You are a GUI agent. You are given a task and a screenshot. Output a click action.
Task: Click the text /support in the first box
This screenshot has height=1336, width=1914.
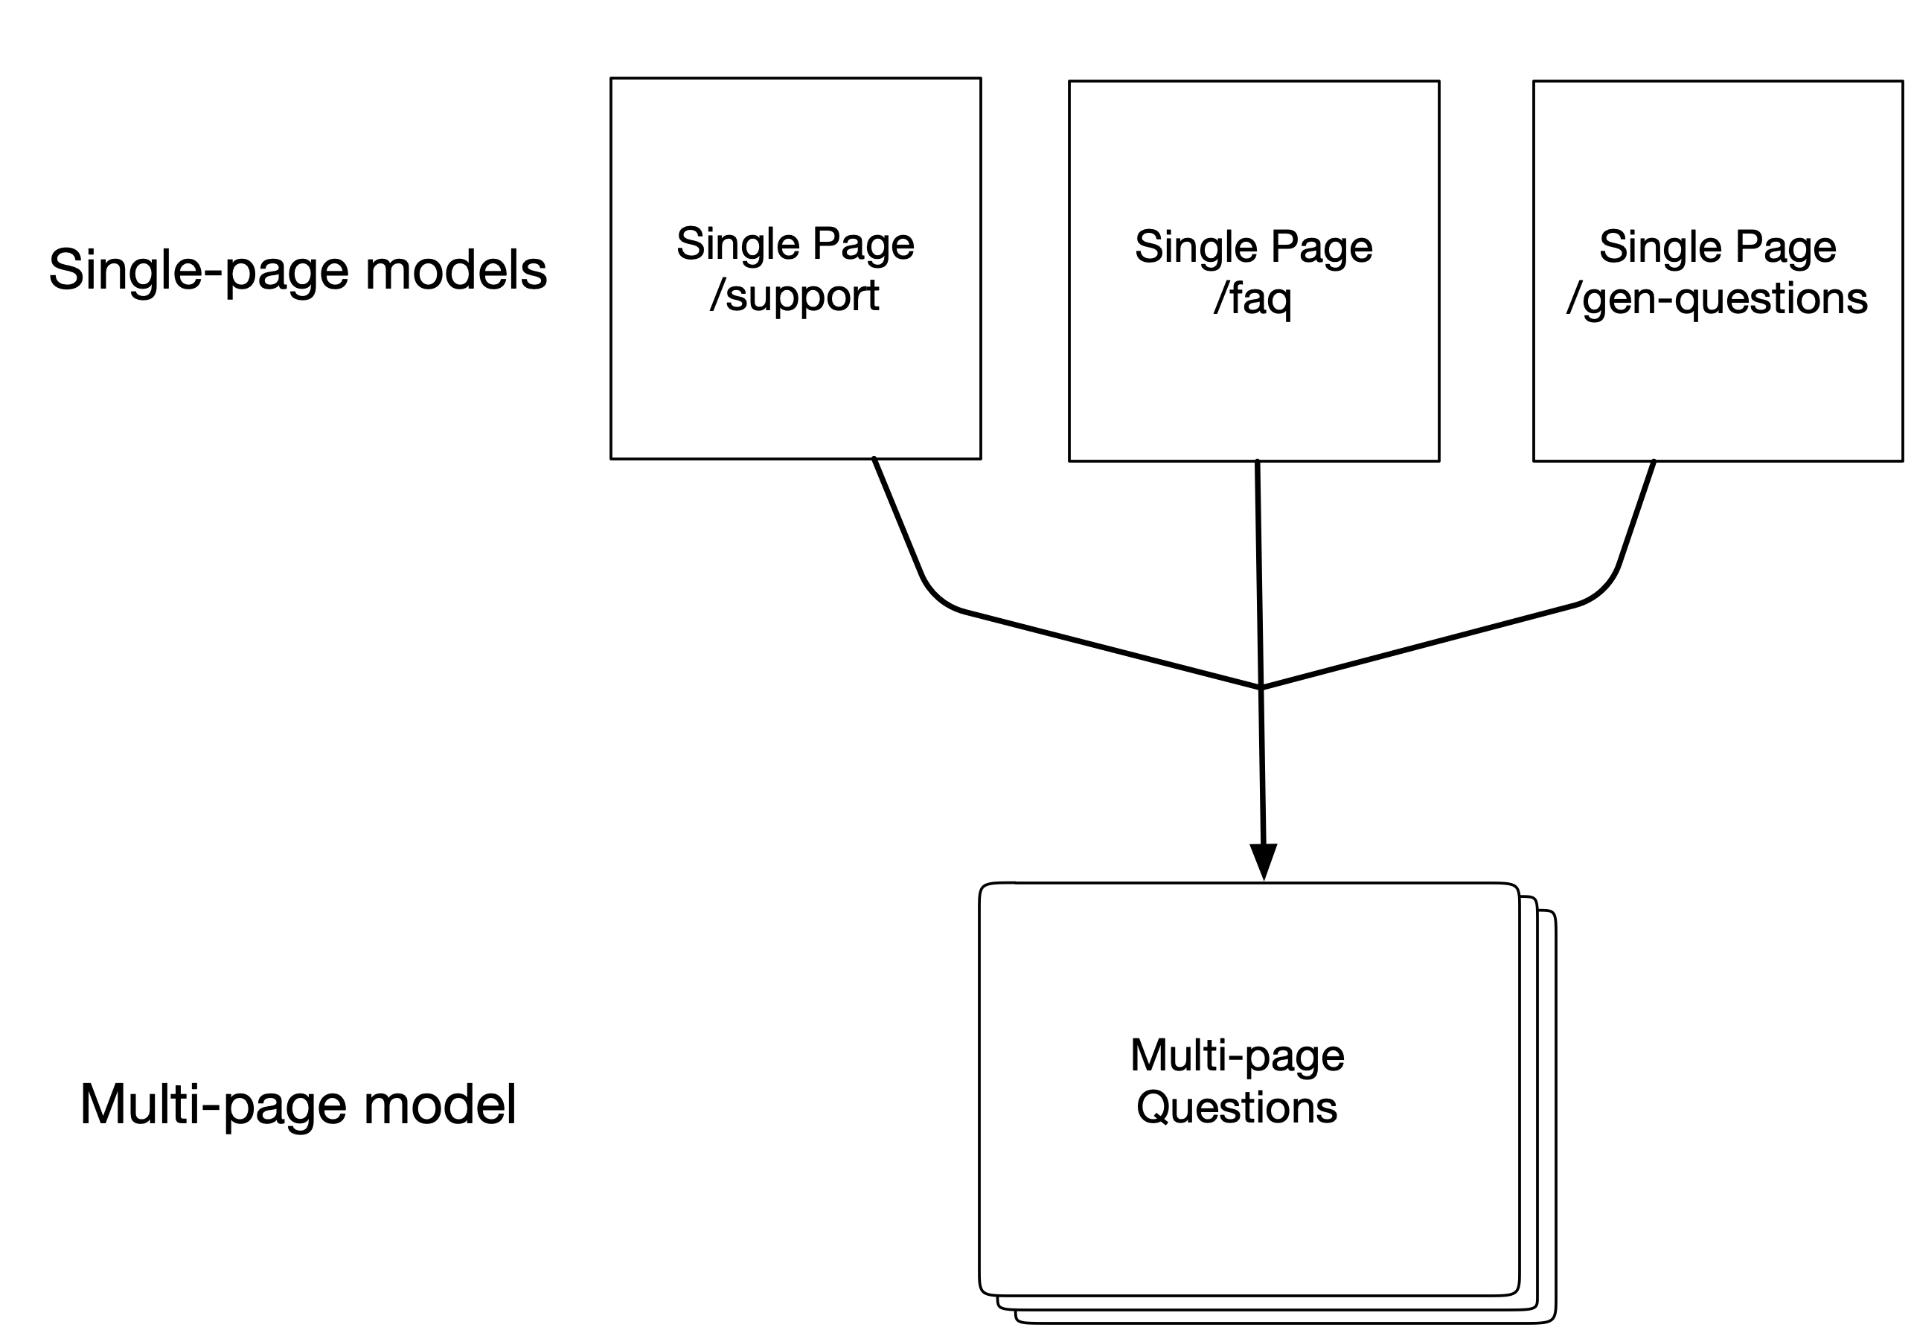795,296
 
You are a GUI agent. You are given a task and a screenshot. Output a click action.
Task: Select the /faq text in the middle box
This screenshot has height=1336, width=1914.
1253,298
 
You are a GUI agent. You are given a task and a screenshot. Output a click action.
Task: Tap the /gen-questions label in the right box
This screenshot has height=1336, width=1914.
1718,298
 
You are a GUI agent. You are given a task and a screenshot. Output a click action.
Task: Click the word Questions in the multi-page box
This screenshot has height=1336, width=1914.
1237,1108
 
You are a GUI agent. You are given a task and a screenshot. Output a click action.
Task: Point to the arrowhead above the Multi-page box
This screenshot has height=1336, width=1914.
1264,861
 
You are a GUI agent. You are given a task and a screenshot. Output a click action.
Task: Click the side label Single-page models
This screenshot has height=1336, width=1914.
298,271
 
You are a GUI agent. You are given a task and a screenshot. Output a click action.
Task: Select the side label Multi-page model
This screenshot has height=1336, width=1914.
298,1105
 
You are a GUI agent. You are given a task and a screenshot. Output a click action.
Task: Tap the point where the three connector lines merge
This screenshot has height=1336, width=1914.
1261,687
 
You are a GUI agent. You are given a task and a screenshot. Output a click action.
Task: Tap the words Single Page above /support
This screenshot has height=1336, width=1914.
796,244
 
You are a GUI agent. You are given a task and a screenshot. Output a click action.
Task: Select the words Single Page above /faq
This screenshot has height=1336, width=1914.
1254,247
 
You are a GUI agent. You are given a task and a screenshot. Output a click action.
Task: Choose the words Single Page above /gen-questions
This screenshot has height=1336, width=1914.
1718,247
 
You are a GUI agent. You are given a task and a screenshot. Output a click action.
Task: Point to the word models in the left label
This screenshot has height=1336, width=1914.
456,271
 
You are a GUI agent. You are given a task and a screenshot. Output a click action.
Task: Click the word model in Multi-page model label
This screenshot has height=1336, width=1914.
440,1105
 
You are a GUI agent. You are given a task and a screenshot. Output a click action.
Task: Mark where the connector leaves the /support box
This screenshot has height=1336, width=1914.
874,458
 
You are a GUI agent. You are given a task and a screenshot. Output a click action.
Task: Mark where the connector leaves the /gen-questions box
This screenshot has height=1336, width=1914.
1654,461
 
